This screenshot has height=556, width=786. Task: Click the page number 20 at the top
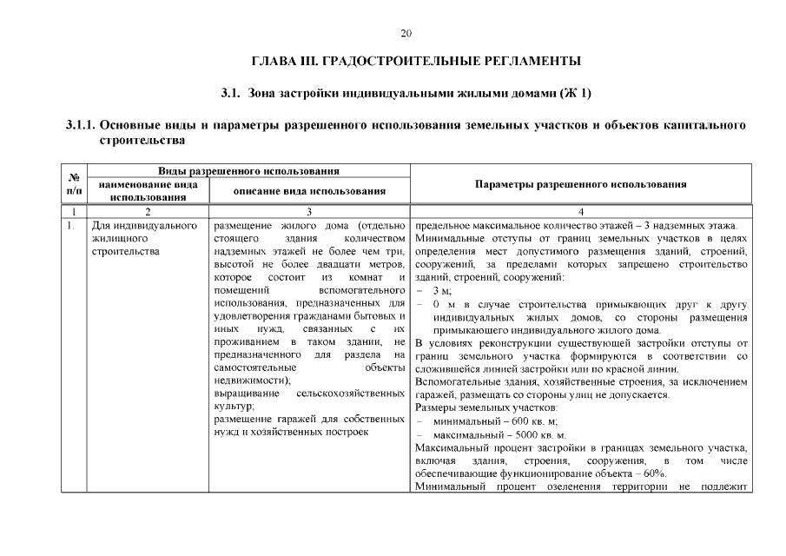(x=406, y=34)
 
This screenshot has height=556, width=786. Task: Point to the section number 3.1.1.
(x=84, y=125)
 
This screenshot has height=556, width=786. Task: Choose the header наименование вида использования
(x=149, y=190)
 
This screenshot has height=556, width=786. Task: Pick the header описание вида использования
(x=310, y=190)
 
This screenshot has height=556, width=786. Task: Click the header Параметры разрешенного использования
(x=581, y=184)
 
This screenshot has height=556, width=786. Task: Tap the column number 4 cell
(x=581, y=210)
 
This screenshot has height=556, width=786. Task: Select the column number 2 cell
(x=149, y=210)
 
